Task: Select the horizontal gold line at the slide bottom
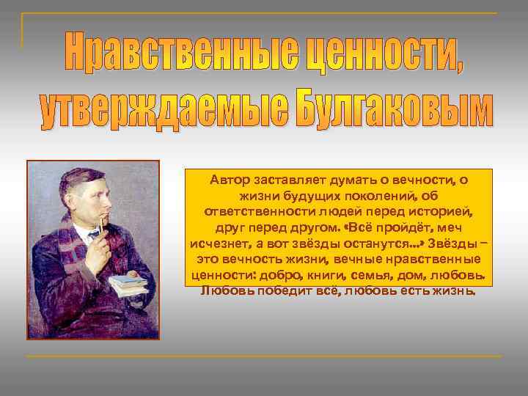(x=264, y=356)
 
